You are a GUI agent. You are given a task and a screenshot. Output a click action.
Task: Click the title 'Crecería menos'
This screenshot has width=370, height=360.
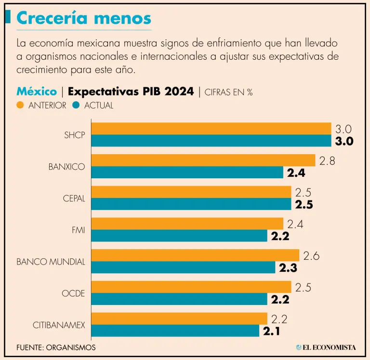(84, 18)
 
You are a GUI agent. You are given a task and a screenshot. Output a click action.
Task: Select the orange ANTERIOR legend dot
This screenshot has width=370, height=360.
(20, 106)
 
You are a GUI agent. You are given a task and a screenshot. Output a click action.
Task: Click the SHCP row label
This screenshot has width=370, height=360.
(75, 135)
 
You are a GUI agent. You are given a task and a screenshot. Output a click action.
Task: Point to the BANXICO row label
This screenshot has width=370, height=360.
(66, 167)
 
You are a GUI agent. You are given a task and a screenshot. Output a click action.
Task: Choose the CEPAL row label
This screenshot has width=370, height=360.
(74, 199)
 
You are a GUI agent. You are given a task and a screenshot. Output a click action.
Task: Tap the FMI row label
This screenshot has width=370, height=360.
(78, 230)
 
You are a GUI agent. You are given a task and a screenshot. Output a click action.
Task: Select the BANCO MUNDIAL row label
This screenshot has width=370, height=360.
(51, 262)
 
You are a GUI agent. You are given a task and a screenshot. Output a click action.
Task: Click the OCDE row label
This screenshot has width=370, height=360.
(73, 293)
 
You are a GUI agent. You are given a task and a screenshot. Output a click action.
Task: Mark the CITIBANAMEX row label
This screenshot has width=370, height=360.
(59, 325)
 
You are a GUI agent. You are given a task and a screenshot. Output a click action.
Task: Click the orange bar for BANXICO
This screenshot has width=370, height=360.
(203, 160)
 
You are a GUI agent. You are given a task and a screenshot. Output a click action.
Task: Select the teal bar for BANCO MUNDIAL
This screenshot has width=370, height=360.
(183, 267)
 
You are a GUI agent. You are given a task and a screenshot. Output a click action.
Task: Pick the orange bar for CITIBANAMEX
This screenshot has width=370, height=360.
(179, 319)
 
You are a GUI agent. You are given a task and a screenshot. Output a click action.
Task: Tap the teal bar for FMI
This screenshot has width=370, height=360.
(179, 236)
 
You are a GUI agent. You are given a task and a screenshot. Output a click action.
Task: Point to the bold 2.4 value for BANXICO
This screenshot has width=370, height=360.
(296, 173)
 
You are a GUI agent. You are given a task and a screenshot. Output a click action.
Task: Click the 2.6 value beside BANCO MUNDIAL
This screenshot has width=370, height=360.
(311, 256)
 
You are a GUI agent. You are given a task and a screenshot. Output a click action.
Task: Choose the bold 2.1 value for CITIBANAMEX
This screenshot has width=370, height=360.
(272, 331)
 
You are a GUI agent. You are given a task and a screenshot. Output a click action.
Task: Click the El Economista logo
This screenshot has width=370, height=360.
(326, 347)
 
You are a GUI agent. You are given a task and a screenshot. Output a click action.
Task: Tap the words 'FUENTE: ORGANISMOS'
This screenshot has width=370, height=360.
(56, 347)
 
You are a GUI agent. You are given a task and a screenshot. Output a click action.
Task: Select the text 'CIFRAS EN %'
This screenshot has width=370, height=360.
(228, 92)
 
